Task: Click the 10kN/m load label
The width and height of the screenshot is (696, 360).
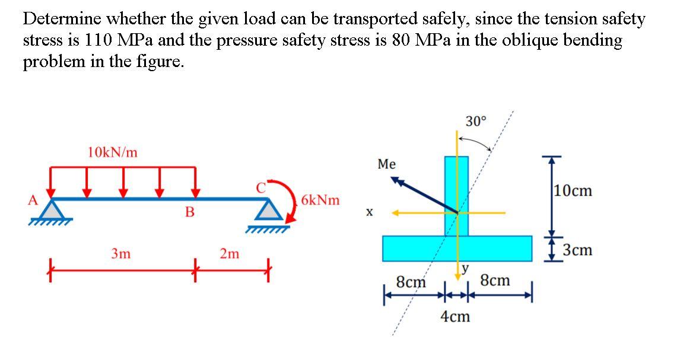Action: (112, 152)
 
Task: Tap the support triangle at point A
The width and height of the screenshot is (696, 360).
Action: (56, 210)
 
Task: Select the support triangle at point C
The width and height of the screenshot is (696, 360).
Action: (270, 209)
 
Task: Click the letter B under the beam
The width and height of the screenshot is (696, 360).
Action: (190, 212)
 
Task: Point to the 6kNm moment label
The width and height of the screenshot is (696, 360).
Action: (320, 200)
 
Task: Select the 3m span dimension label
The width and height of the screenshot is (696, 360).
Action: (121, 254)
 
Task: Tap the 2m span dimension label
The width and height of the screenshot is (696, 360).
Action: (230, 254)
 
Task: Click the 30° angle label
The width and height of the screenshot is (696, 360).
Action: (475, 122)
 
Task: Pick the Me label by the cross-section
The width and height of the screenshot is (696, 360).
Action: (386, 164)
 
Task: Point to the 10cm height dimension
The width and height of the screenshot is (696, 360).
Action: (573, 191)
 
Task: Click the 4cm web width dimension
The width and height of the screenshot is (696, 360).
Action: (455, 317)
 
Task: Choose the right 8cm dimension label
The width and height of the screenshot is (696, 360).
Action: (494, 280)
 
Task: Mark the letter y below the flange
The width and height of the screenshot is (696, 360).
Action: (466, 269)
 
